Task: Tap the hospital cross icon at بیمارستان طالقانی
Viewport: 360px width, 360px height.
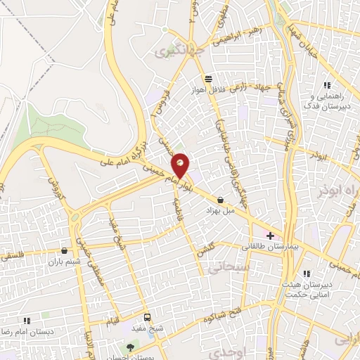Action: [x=270, y=235]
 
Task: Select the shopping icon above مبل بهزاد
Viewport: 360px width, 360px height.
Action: [x=221, y=200]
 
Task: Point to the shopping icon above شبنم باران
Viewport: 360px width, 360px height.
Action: [x=65, y=250]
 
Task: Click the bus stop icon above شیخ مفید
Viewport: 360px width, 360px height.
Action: [x=147, y=317]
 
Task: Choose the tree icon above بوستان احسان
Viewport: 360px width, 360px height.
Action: [x=129, y=347]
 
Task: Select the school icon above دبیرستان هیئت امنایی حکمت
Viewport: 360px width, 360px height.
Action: [x=307, y=274]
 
